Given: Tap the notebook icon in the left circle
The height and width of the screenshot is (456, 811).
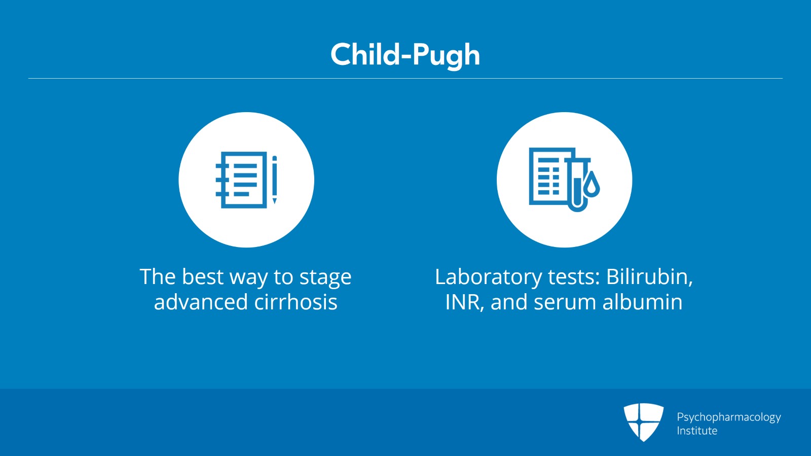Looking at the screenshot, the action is pos(241,180).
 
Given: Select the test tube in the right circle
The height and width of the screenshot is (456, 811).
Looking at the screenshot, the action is pos(577,185).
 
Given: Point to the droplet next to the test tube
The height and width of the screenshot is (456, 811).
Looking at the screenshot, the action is pos(592,184).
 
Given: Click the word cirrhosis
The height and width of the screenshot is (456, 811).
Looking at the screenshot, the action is pos(296,302).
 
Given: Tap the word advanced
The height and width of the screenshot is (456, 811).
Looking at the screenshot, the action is pos(201,302).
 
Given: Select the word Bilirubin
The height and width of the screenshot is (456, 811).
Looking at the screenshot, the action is pos(649,277).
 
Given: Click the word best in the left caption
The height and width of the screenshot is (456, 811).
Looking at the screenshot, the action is pos(203,277).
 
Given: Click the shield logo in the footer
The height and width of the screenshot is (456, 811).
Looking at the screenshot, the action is pos(643,422).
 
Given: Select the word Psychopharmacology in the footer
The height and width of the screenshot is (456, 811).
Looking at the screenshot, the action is pos(729,417).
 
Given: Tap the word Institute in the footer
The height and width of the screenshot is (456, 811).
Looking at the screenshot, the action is pos(697,431).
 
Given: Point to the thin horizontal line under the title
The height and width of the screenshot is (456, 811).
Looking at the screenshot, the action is pos(405,78).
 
